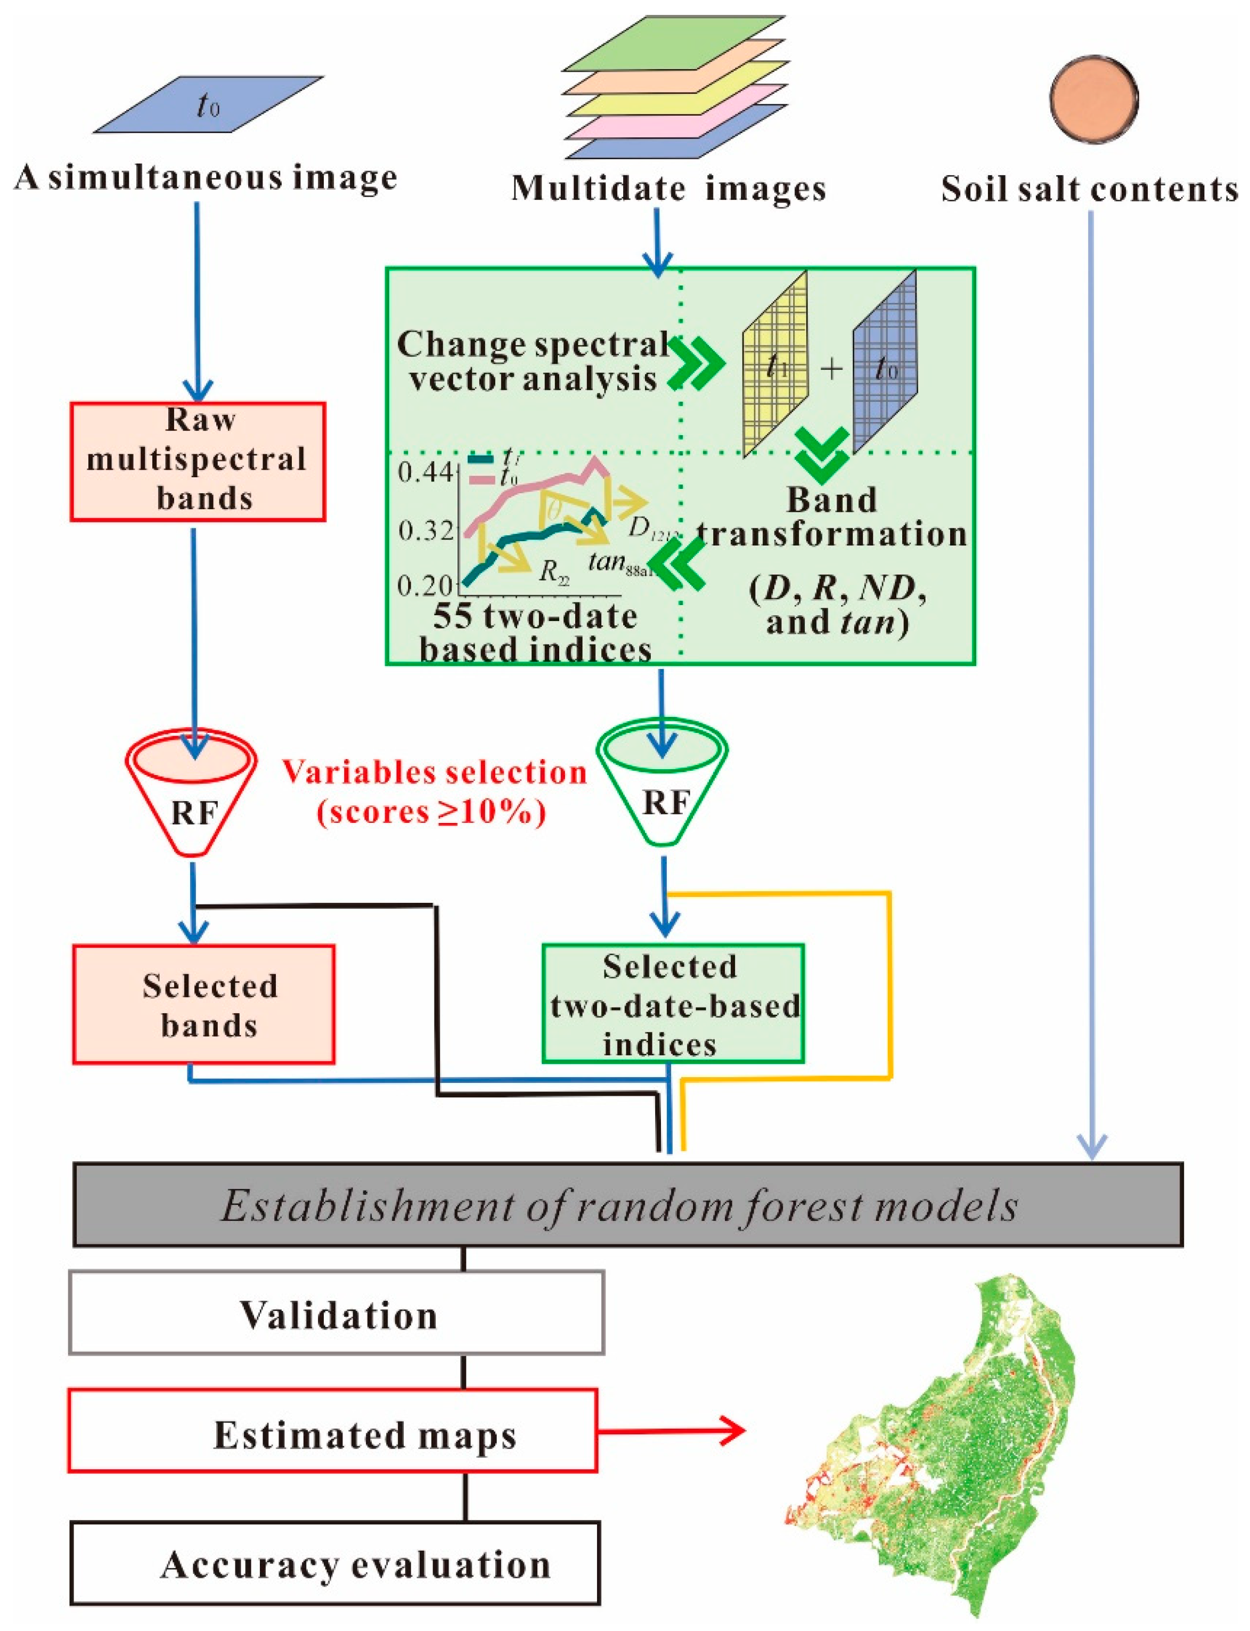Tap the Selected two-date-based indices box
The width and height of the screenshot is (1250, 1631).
[673, 1004]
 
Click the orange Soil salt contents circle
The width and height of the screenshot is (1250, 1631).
[1094, 98]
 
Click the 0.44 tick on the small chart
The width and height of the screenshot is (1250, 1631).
[424, 472]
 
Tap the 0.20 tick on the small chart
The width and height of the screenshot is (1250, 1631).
[424, 585]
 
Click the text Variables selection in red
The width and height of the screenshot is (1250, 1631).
[435, 772]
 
